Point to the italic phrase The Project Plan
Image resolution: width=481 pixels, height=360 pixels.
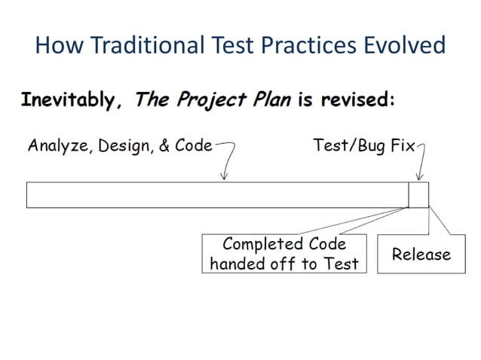(212, 101)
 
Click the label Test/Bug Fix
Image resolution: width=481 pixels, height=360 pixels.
(364, 145)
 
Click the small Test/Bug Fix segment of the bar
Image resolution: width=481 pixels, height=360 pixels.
(418, 194)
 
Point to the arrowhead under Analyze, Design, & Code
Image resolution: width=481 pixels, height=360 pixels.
(223, 178)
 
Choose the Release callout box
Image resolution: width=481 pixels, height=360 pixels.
(421, 255)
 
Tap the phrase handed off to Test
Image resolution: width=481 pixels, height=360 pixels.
(283, 264)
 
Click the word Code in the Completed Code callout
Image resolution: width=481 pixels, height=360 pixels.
(328, 245)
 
